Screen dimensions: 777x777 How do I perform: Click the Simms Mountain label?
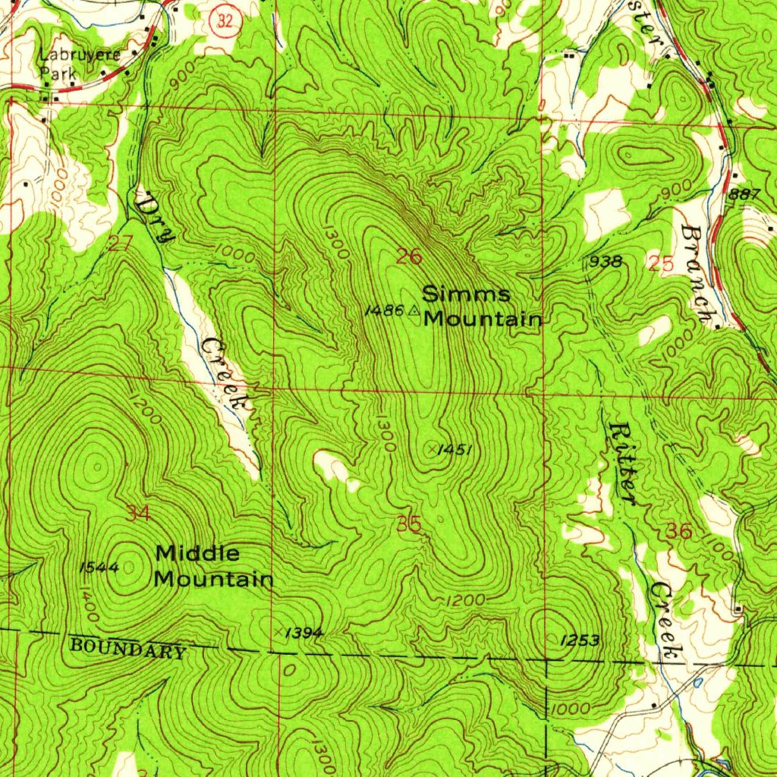pos(482,306)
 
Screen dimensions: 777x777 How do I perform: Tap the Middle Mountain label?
pos(213,566)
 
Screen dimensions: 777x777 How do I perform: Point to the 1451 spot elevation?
pos(456,450)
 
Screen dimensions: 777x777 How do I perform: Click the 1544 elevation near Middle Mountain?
pos(97,567)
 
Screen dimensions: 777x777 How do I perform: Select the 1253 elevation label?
pos(579,640)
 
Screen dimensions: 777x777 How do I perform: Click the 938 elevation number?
pos(606,263)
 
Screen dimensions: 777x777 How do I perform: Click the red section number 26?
pos(409,256)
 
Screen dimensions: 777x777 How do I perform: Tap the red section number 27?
pos(120,244)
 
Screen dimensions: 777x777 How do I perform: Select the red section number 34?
pos(138,514)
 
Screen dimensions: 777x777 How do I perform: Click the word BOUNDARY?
pos(127,649)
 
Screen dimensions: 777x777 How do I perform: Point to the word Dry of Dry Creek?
pos(156,216)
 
